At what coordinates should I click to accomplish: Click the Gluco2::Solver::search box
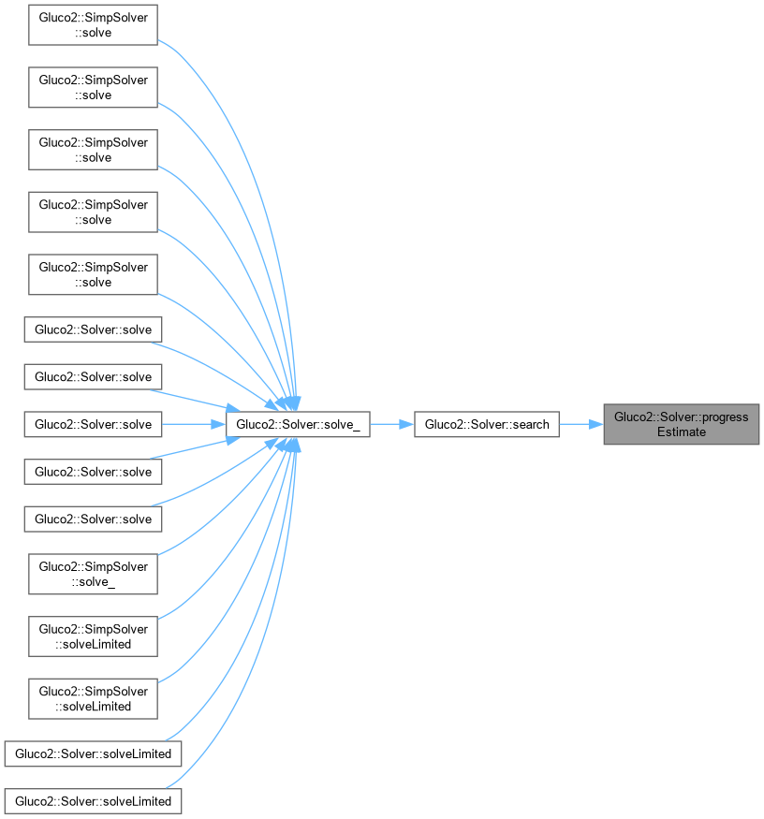click(x=487, y=424)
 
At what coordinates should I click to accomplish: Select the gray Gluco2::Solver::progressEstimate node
click(x=681, y=424)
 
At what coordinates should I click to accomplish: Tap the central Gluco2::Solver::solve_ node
click(x=298, y=424)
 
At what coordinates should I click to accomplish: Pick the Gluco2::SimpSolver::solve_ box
click(x=93, y=574)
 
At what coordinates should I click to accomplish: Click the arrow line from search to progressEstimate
click(x=579, y=424)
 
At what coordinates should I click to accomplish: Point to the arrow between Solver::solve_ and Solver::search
click(x=389, y=424)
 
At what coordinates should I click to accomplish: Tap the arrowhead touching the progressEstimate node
click(x=596, y=424)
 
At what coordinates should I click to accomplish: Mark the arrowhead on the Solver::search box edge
click(x=407, y=424)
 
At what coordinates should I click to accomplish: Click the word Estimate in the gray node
click(x=681, y=431)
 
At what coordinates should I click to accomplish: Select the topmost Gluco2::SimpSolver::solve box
click(x=93, y=24)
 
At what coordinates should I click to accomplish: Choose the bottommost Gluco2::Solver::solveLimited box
click(x=93, y=801)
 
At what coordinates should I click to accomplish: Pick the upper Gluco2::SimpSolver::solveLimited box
click(x=93, y=636)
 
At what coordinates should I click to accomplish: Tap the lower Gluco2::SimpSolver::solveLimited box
click(x=93, y=699)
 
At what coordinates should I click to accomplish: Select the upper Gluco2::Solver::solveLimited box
click(x=93, y=753)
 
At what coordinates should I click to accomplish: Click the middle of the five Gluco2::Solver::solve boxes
click(x=93, y=424)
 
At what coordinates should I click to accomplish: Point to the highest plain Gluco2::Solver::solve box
click(x=93, y=329)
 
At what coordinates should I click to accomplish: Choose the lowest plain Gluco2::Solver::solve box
click(x=93, y=519)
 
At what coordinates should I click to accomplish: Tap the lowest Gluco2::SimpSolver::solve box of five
click(x=93, y=274)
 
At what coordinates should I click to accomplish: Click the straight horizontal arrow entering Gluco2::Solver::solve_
click(x=192, y=424)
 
